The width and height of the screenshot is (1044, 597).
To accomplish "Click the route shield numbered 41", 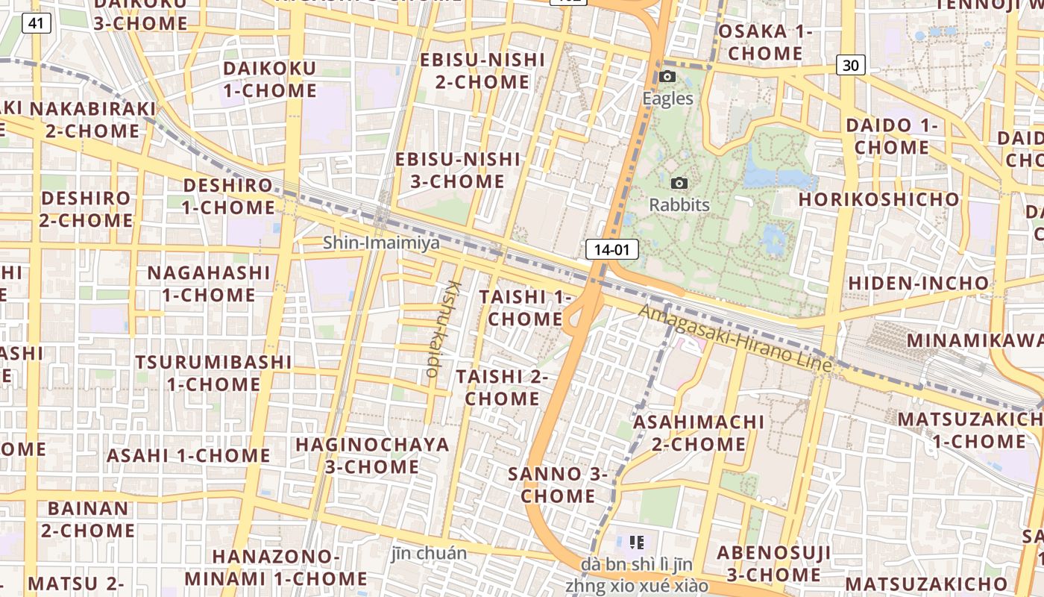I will pyautogui.click(x=37, y=24).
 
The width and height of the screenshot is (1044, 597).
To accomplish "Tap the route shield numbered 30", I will pyautogui.click(x=850, y=66).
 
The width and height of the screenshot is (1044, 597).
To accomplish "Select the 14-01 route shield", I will pyautogui.click(x=612, y=249).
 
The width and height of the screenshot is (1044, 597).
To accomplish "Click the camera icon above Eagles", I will pyautogui.click(x=667, y=76).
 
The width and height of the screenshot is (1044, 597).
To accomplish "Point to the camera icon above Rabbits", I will pyautogui.click(x=679, y=183).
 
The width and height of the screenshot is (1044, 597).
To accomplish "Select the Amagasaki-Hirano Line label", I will pyautogui.click(x=735, y=339).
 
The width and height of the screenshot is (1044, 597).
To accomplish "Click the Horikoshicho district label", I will pyautogui.click(x=878, y=199).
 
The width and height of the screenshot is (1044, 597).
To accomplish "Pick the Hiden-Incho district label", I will pyautogui.click(x=918, y=284).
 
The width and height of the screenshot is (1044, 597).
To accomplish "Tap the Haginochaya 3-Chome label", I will pyautogui.click(x=372, y=456).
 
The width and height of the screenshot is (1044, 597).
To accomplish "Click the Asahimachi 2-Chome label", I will pyautogui.click(x=699, y=433).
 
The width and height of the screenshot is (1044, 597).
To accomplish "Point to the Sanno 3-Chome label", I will pyautogui.click(x=558, y=484).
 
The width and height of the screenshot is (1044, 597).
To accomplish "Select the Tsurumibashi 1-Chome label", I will pyautogui.click(x=213, y=373).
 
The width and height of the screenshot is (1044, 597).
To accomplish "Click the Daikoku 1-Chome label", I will pyautogui.click(x=269, y=79).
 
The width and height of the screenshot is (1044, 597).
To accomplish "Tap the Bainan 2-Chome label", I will pyautogui.click(x=88, y=520).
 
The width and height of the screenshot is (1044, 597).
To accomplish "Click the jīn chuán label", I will pyautogui.click(x=429, y=553).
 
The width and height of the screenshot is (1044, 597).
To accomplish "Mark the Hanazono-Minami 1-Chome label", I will pyautogui.click(x=275, y=567).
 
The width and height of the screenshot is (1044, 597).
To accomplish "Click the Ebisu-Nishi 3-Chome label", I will pyautogui.click(x=457, y=169).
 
